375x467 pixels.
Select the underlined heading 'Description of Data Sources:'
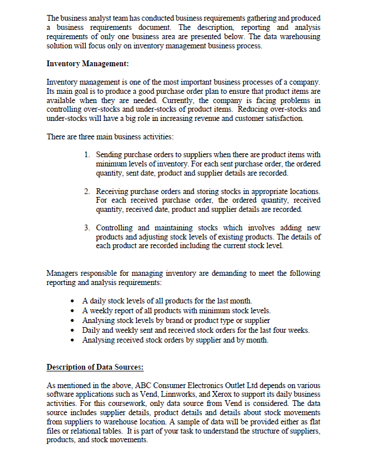pyautogui.click(x=95, y=367)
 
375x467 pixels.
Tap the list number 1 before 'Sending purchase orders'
pyautogui.click(x=86, y=155)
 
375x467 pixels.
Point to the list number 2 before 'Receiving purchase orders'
pyautogui.click(x=86, y=191)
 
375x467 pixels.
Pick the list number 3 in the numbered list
pyautogui.click(x=86, y=228)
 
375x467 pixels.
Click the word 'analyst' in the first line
pyautogui.click(x=105, y=19)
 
